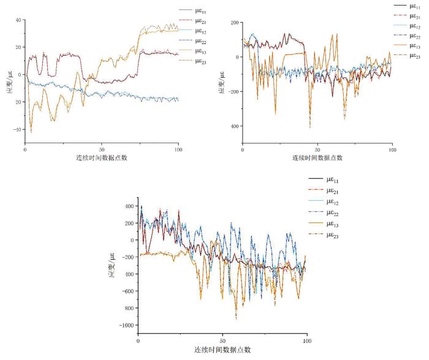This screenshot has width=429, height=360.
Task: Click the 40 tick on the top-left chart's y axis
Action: (x=18, y=20)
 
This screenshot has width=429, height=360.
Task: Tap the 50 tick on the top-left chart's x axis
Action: (x=102, y=148)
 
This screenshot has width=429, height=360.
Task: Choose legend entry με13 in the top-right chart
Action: (x=416, y=46)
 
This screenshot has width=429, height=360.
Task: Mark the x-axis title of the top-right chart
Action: (x=317, y=157)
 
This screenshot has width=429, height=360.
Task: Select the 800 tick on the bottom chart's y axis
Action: (x=129, y=308)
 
